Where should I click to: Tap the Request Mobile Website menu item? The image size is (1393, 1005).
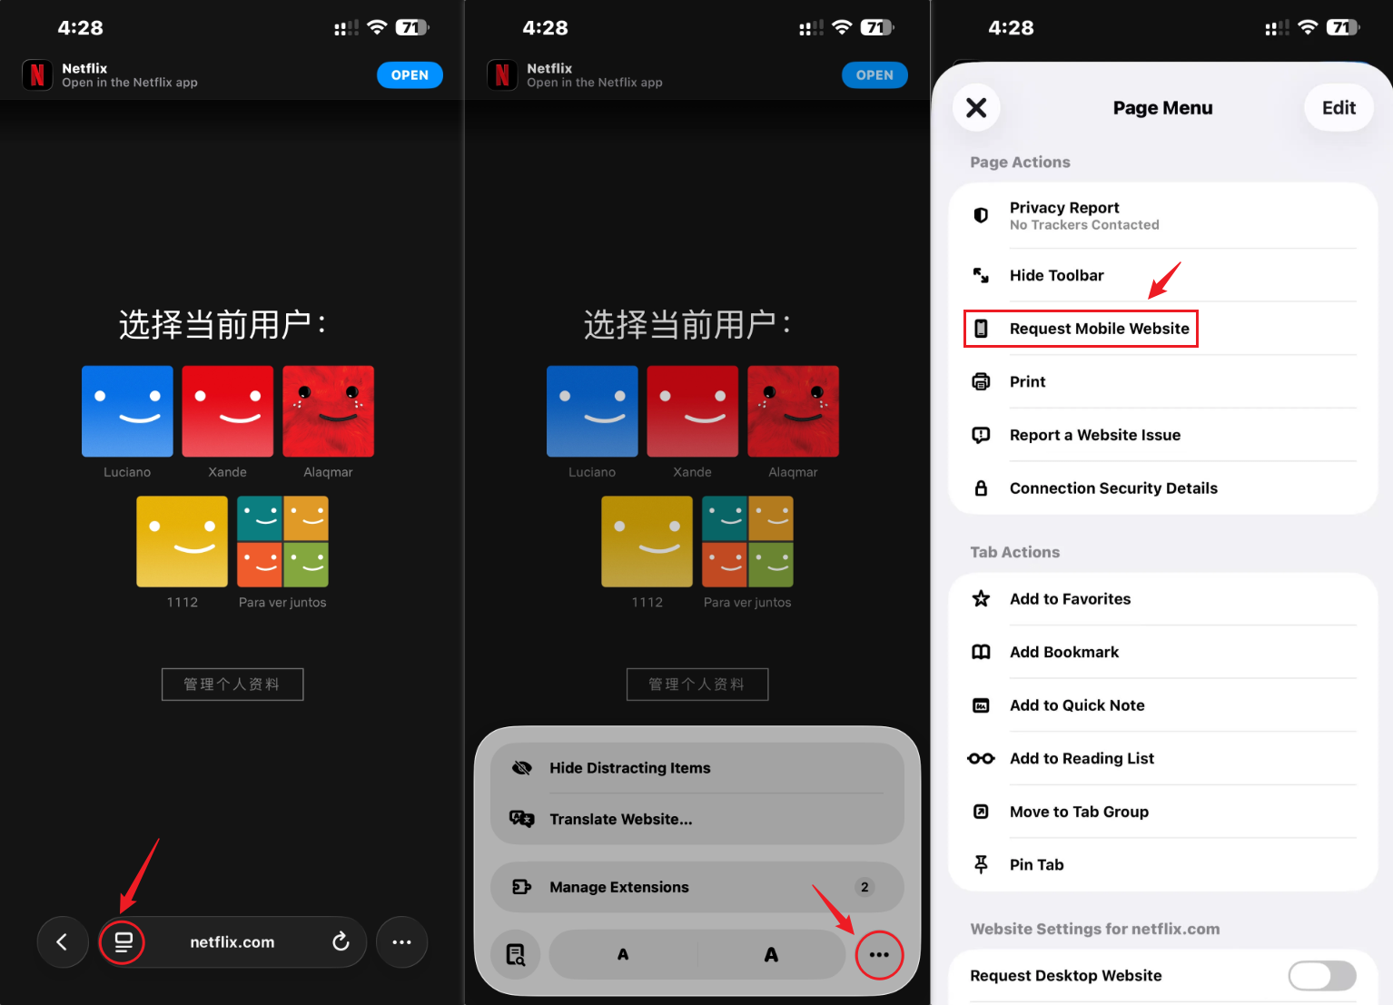coord(1099,329)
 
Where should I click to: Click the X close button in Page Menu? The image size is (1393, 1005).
coord(976,108)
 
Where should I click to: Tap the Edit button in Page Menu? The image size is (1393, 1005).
coord(1339,108)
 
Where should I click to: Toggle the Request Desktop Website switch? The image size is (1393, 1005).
coord(1322,975)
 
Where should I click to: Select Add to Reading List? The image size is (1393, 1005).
coord(1082,758)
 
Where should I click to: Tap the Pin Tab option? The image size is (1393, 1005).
coord(1037,864)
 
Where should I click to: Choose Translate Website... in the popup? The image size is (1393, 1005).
coord(620,819)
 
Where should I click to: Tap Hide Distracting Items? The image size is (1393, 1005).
coord(629,768)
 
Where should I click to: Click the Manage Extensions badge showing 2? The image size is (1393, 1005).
coord(864,887)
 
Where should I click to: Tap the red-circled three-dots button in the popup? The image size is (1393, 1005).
coord(879,955)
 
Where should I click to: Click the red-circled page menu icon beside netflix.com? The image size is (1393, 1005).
coord(123,942)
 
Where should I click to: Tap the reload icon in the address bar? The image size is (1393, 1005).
coord(341,941)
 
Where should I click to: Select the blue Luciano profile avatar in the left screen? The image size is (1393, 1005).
coord(127,411)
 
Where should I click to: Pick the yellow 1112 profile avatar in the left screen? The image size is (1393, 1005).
coord(183,541)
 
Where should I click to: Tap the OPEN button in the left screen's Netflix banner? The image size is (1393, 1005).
coord(410,75)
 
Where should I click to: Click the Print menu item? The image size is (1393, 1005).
coord(1027,381)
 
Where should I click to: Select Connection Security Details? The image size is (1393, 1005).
coord(1113,488)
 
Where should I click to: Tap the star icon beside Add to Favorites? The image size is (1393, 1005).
coord(981,599)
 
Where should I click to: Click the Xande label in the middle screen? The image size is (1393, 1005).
coord(692,472)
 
